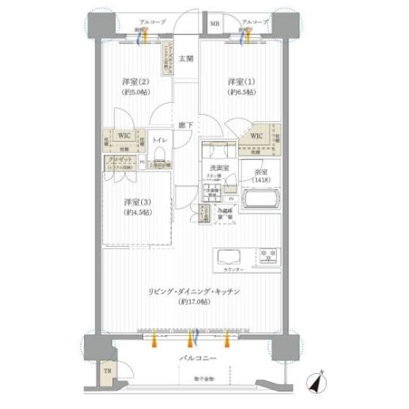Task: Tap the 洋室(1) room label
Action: (241, 81)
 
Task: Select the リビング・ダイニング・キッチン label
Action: (195, 291)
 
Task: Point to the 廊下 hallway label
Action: (187, 125)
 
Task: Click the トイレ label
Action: (160, 138)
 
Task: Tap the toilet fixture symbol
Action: (160, 153)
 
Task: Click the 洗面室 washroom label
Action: (216, 168)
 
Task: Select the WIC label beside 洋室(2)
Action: (124, 135)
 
